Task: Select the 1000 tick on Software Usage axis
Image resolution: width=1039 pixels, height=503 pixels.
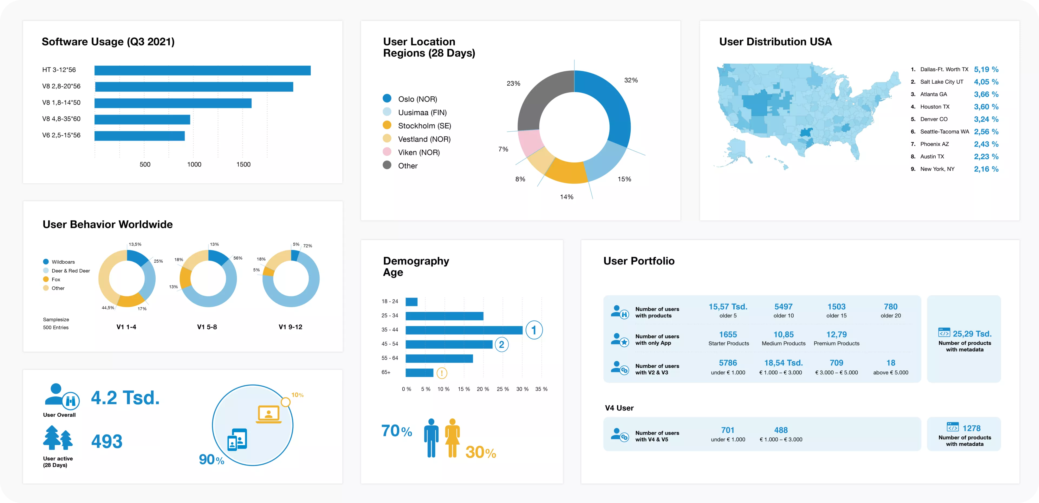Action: (194, 164)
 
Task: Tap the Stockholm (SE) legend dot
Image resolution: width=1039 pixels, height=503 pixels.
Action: (387, 125)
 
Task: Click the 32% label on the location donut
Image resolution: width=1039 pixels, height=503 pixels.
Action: (631, 80)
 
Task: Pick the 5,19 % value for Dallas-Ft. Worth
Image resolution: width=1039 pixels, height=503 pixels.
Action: (986, 69)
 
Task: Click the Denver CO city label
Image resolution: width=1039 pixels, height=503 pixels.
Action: (934, 119)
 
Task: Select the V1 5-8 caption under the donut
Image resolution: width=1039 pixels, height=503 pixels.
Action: (207, 327)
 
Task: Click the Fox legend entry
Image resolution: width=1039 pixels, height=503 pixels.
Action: (56, 279)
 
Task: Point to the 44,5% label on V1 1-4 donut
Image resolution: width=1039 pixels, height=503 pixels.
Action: (108, 308)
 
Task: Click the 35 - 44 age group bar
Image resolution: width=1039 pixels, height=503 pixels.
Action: (464, 330)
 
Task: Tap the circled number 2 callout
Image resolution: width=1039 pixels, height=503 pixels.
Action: (501, 344)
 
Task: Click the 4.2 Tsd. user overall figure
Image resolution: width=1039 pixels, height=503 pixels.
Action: (125, 398)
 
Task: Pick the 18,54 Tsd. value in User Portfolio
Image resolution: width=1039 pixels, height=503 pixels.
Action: (783, 363)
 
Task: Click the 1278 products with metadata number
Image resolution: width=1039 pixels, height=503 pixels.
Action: (971, 428)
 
